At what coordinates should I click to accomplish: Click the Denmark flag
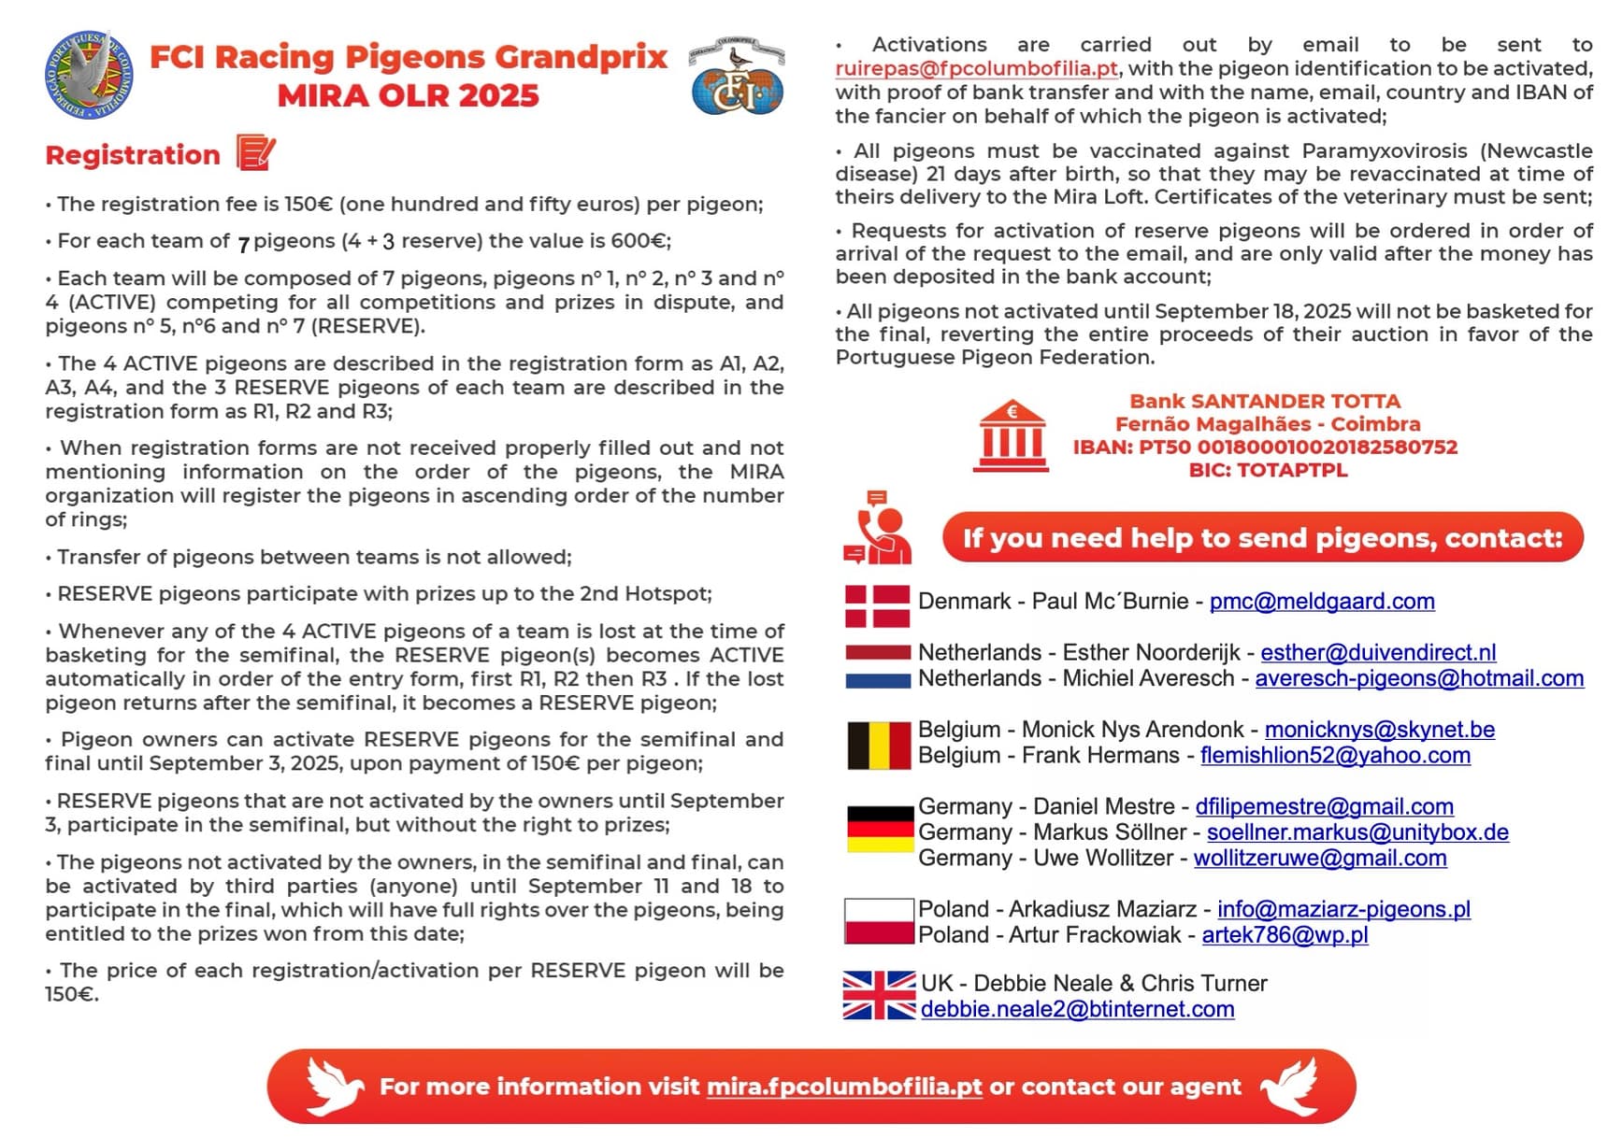[x=877, y=605]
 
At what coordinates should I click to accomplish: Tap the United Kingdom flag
[x=879, y=995]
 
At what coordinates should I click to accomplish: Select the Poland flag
[x=879, y=922]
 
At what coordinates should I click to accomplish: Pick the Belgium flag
[x=879, y=745]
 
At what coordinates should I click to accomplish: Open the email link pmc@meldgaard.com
[x=1322, y=602]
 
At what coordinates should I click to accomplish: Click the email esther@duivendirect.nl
[x=1378, y=653]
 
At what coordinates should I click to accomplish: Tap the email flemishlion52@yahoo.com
[x=1335, y=756]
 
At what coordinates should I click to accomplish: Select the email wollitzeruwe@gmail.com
[x=1320, y=859]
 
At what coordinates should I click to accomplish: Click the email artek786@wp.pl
[x=1285, y=935]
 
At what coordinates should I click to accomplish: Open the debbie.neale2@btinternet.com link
[x=1077, y=1010]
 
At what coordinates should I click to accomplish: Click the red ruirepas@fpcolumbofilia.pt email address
[x=976, y=69]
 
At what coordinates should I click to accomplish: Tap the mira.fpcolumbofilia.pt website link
[x=844, y=1087]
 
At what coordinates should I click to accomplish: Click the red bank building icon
[x=1011, y=436]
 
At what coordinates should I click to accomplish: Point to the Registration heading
[x=133, y=155]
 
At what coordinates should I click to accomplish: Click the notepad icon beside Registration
[x=255, y=152]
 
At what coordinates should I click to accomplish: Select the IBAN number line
[x=1265, y=448]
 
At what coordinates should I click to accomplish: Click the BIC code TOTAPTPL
[x=1268, y=471]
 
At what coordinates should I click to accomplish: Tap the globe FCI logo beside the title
[x=737, y=77]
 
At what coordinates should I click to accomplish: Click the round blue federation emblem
[x=89, y=75]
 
